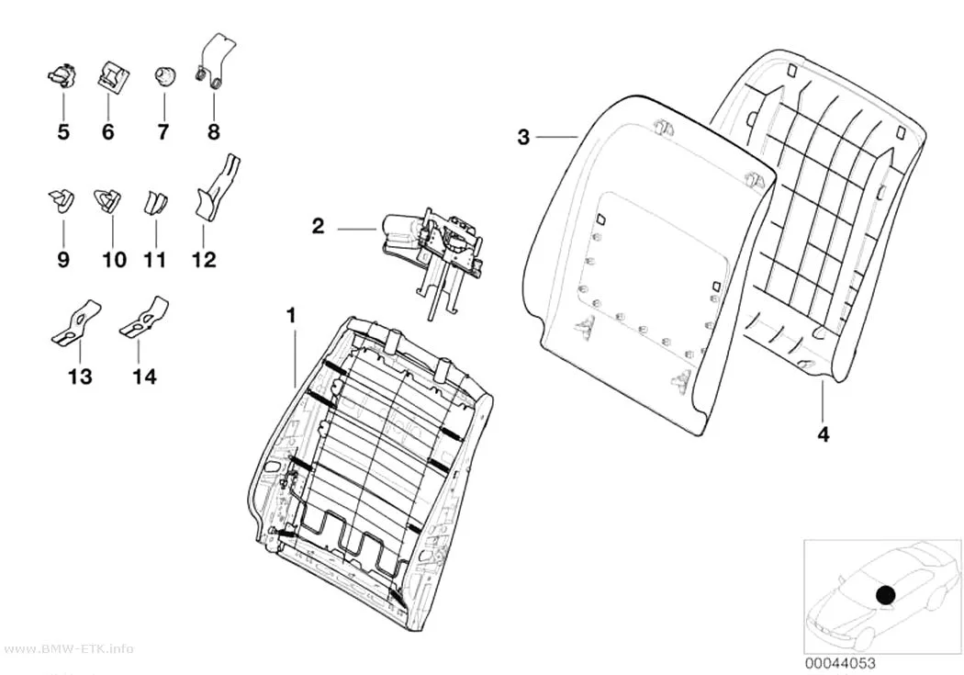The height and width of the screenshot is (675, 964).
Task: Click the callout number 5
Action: click(x=63, y=131)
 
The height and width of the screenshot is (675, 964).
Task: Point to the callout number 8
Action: click(x=213, y=131)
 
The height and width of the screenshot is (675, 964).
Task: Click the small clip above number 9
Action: click(x=62, y=199)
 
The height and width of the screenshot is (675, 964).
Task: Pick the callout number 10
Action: click(x=114, y=260)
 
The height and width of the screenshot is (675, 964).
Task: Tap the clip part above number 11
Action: click(x=155, y=201)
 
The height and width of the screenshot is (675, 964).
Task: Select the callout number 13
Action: click(x=80, y=376)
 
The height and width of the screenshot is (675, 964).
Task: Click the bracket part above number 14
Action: click(x=144, y=317)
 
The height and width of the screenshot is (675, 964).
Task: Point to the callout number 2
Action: click(x=318, y=226)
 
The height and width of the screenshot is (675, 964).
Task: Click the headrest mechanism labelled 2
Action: click(x=432, y=246)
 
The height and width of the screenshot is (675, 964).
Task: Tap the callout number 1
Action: click(x=292, y=316)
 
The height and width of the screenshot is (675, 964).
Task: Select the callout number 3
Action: click(x=523, y=137)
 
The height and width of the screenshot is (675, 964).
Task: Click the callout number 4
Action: click(x=824, y=434)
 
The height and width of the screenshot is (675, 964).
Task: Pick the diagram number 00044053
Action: click(x=840, y=663)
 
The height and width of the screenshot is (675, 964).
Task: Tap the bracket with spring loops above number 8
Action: click(x=216, y=61)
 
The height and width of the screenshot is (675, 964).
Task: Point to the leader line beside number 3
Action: click(x=557, y=137)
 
